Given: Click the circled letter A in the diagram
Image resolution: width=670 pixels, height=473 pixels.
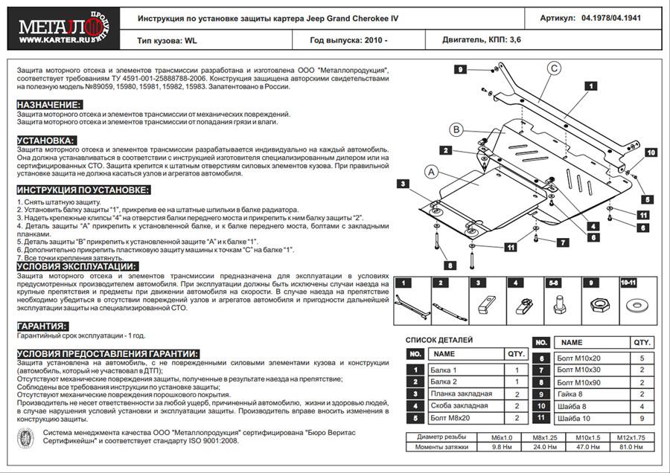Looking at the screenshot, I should (x=430, y=173).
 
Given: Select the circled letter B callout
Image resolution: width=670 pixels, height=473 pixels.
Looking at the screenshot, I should (x=456, y=131).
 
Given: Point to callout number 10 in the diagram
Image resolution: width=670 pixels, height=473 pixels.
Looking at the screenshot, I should (x=649, y=152).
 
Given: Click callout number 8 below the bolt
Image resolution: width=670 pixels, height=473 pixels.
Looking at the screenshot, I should (x=450, y=265).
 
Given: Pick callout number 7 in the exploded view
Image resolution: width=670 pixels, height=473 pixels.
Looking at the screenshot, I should (x=564, y=242).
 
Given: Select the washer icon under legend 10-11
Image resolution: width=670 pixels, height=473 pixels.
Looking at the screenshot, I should (x=636, y=306).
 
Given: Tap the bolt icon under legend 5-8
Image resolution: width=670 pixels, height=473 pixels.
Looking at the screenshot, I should (x=557, y=304).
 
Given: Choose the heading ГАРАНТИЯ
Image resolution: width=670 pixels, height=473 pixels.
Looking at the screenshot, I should (x=42, y=326).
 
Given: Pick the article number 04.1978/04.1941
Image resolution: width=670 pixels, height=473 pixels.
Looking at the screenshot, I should (x=610, y=18).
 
